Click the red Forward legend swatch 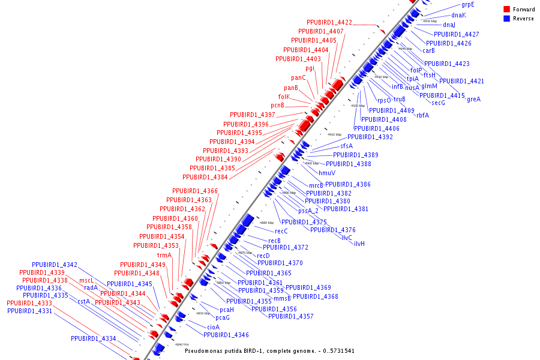[506, 10]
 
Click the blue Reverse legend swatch [506, 19]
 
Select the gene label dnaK [458, 15]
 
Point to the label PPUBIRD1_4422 [329, 23]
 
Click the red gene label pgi [310, 68]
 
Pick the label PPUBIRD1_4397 [252, 115]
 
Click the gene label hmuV [327, 173]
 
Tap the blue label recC [281, 231]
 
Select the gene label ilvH [359, 244]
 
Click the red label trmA [164, 255]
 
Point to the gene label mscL [86, 280]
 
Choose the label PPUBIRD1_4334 [93, 339]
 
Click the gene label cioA [213, 327]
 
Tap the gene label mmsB [282, 298]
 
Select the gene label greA [473, 100]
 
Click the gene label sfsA [347, 146]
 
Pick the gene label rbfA [422, 115]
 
